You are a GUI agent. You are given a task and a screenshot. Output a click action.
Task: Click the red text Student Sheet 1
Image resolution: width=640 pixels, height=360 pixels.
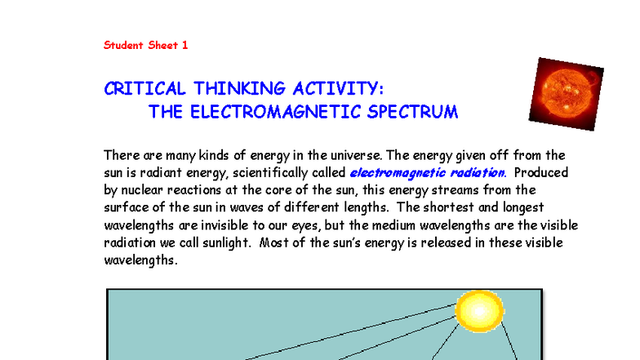point(145,45)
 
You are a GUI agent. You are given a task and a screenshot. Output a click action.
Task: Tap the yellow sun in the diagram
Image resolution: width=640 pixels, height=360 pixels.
point(481,310)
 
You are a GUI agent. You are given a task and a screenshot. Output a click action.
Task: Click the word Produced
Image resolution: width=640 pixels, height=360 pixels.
point(543,172)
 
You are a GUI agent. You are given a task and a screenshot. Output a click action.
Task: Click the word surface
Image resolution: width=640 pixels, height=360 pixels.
point(127,208)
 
